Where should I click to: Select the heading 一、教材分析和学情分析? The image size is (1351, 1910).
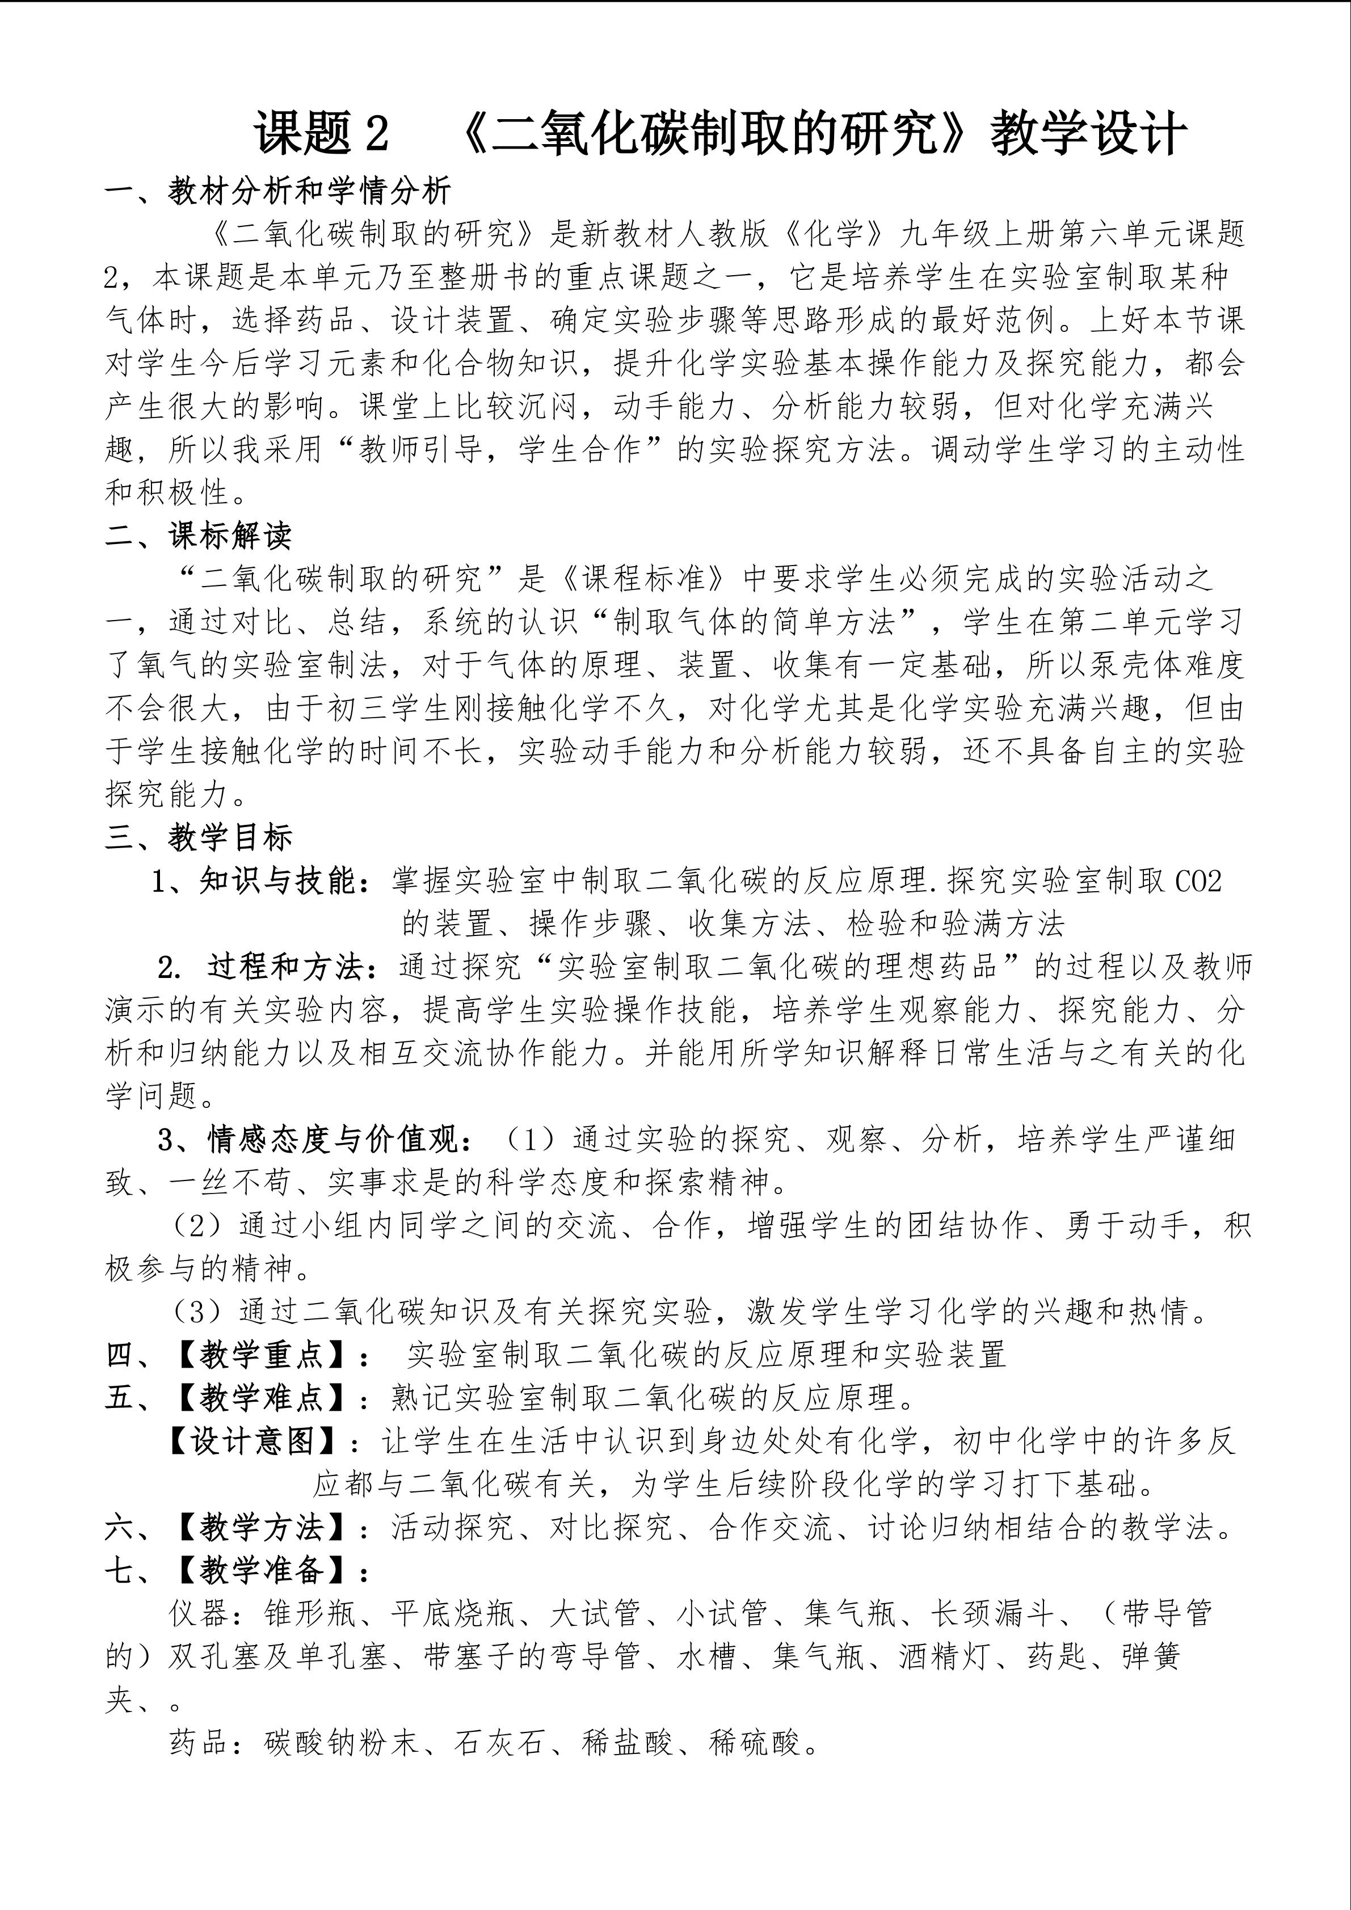point(278,191)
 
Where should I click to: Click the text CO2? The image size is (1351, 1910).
point(1199,881)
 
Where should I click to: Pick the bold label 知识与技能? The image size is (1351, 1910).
point(277,881)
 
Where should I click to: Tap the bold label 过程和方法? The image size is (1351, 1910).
point(285,967)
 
